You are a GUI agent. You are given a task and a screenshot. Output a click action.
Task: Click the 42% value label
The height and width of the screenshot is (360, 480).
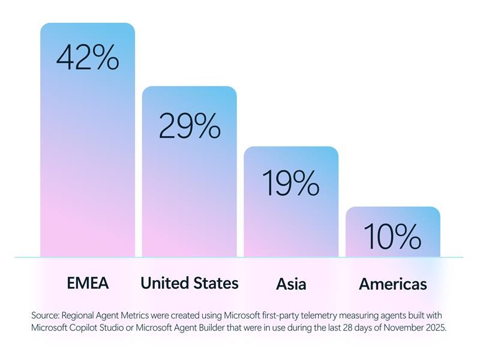click(88, 58)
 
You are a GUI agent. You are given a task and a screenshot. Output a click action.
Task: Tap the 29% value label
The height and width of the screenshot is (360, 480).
click(189, 126)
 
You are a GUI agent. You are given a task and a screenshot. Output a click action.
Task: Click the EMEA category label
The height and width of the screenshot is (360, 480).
click(88, 283)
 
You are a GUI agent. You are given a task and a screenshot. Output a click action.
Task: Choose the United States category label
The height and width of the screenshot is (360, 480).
click(189, 283)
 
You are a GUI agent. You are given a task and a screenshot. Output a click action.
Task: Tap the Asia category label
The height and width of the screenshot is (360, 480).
click(291, 284)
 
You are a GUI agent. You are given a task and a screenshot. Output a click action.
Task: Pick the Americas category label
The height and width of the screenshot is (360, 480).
click(392, 284)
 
